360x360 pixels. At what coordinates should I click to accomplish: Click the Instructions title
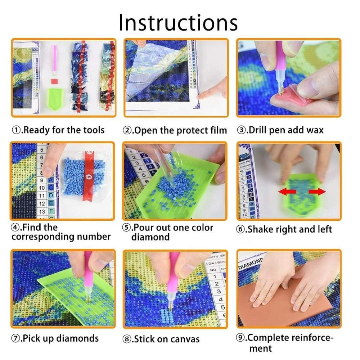178,22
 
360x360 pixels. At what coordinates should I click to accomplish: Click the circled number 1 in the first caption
16,130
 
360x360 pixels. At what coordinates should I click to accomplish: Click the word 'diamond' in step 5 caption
150,237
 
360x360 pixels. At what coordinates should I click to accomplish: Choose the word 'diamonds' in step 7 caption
77,338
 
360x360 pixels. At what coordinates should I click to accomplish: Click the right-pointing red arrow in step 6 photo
317,192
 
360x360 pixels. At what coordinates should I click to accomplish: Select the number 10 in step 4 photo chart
42,188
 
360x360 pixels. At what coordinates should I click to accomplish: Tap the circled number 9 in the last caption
241,338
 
